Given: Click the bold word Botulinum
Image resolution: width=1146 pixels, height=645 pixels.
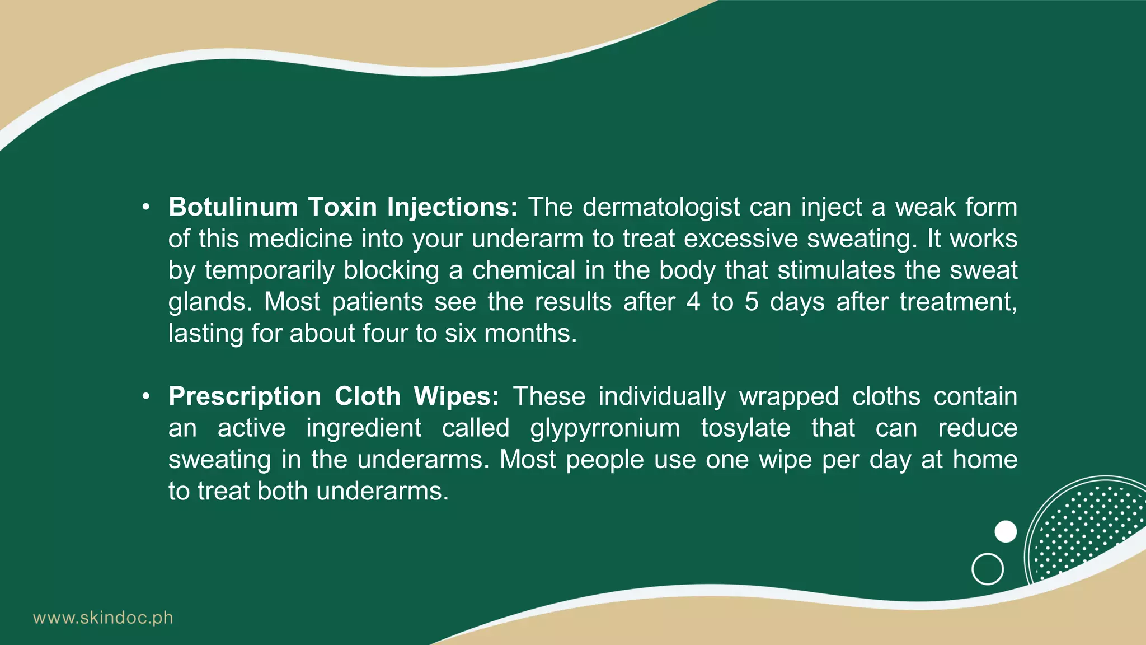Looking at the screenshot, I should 233,207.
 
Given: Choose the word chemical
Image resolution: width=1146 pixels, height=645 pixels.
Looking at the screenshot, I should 524,270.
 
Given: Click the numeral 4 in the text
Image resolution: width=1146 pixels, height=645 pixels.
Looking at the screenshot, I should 693,302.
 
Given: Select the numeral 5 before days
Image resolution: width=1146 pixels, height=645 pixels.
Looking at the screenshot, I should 752,302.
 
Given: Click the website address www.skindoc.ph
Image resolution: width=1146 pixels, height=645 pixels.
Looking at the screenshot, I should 103,618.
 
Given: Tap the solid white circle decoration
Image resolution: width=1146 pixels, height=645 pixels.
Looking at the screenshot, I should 1006,531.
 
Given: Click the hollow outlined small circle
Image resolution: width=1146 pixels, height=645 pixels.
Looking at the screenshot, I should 988,569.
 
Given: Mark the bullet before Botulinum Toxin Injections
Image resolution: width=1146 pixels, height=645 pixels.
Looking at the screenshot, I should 146,208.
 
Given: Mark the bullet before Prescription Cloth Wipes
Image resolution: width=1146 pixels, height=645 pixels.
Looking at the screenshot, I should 146,397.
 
